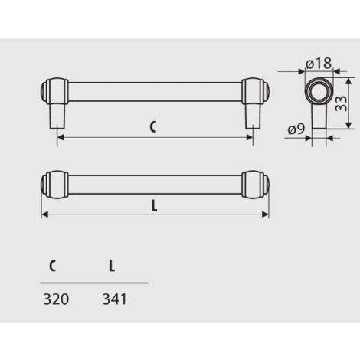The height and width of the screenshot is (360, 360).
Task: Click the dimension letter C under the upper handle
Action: pos(153,128)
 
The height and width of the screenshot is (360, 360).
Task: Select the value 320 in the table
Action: pos(57,299)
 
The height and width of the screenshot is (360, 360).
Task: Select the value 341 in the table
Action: pos(113,299)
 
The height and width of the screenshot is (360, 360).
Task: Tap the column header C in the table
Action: pos(52,267)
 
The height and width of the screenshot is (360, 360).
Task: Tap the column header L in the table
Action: pos(112,267)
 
